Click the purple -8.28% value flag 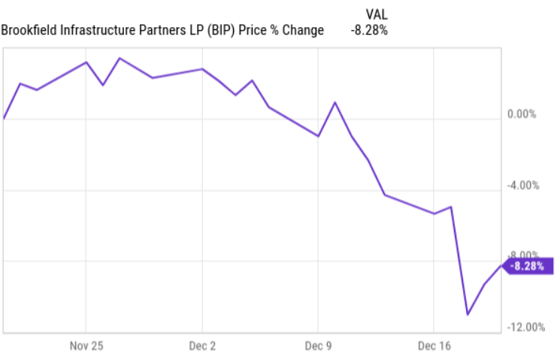tap(528, 265)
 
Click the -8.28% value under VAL tap(368, 30)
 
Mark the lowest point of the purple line tap(468, 314)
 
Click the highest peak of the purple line tap(120, 58)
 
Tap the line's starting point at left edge tap(5, 118)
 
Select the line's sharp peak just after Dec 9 tap(335, 102)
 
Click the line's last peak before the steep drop tap(450, 207)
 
